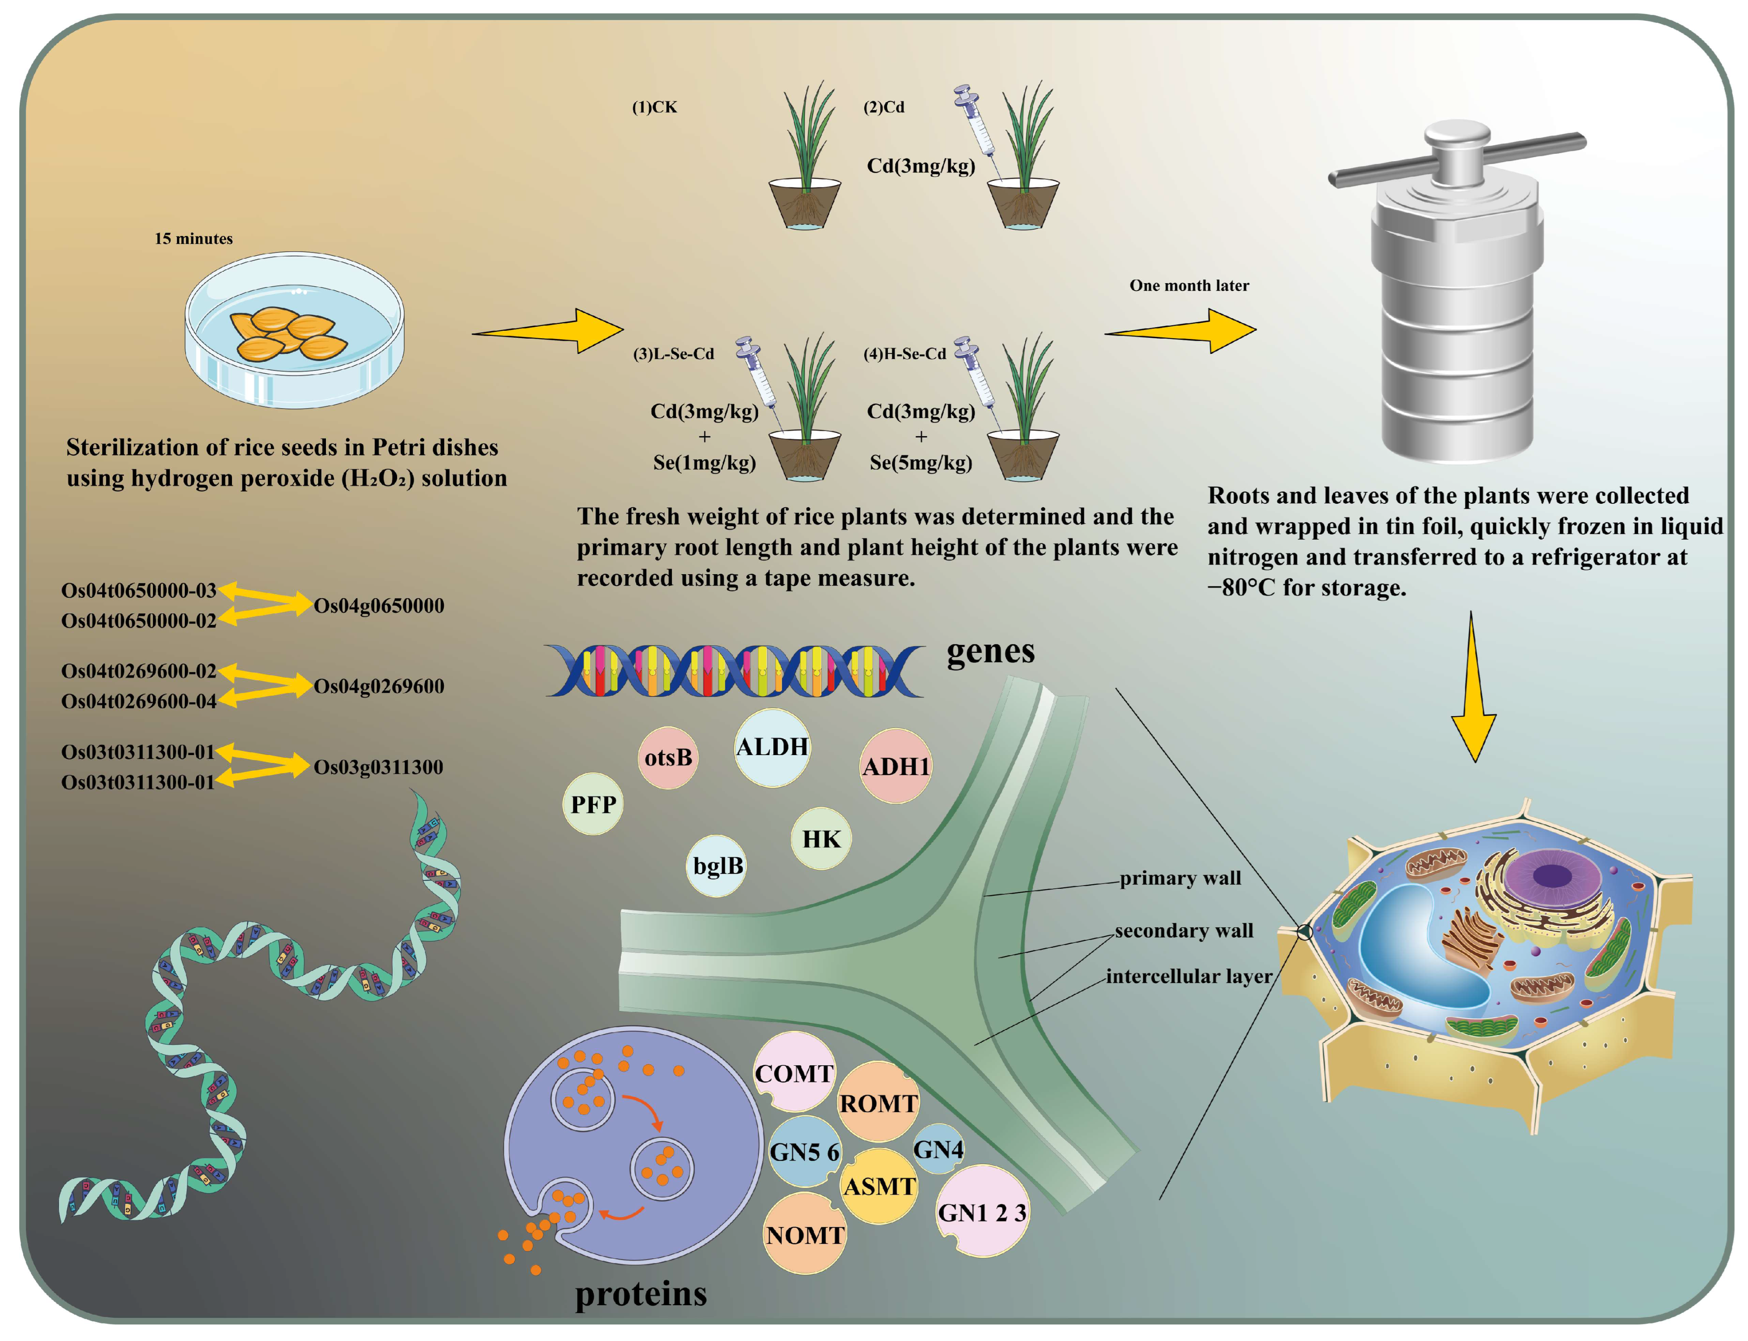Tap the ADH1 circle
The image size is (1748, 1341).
point(896,766)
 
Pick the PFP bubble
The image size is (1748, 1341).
point(593,804)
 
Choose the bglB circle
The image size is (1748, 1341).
point(717,866)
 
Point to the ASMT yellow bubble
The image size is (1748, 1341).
point(879,1187)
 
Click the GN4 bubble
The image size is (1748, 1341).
point(938,1150)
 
